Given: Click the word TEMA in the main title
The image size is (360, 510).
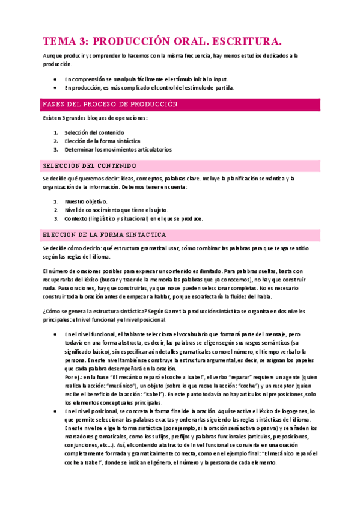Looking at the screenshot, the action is click(59, 41).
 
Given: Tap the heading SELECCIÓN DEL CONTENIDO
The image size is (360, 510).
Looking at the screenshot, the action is click(90, 165).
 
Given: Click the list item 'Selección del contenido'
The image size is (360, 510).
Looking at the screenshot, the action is click(95, 132).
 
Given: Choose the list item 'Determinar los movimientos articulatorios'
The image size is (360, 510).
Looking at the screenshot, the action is click(118, 149).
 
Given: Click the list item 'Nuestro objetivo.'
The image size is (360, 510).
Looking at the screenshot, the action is click(86, 201).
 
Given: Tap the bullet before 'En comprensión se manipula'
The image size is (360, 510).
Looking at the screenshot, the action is click(55, 79).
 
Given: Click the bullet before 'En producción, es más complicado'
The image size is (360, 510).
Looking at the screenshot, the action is click(55, 88).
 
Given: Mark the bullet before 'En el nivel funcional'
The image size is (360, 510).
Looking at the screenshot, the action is click(55, 334).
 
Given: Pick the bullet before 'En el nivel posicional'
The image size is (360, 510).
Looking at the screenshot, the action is click(55, 411).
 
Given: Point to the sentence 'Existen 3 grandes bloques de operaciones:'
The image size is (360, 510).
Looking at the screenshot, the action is click(95, 118).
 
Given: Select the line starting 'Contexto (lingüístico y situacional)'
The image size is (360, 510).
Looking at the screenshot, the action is click(133, 218).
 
